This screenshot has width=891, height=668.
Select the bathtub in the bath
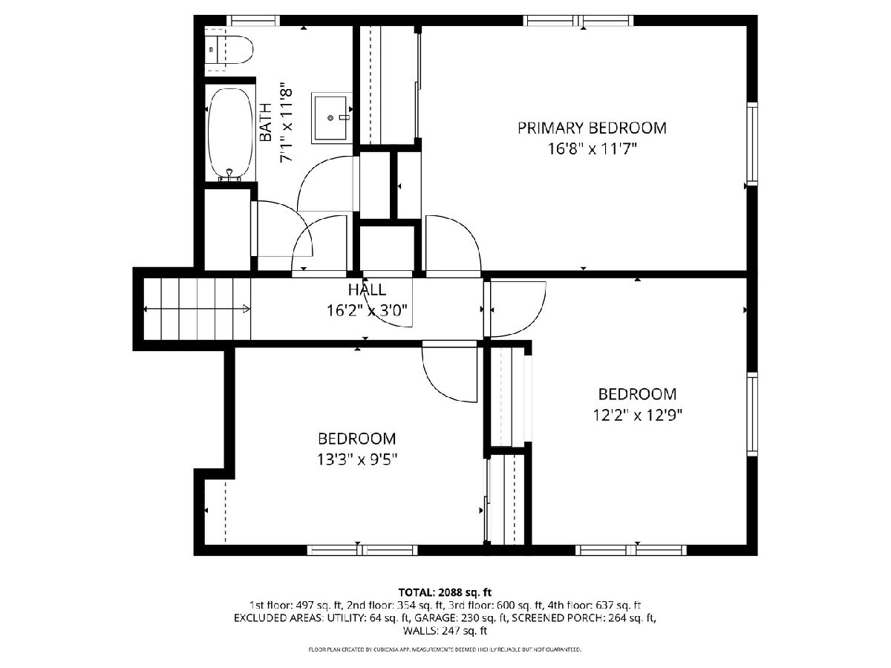click(x=229, y=134)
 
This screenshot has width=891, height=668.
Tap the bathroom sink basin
click(x=331, y=117)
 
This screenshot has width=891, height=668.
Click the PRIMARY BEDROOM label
click(x=592, y=128)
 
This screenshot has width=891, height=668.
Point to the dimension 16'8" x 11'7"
click(x=592, y=149)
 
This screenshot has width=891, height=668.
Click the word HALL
click(x=367, y=289)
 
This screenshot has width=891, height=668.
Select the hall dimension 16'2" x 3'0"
click(x=367, y=311)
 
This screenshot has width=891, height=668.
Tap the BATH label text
click(x=266, y=122)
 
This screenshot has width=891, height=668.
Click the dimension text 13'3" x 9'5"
click(x=357, y=459)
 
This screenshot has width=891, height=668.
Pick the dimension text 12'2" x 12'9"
click(x=637, y=415)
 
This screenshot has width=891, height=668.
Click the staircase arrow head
click(x=247, y=309)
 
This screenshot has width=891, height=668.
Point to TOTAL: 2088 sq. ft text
click(x=445, y=592)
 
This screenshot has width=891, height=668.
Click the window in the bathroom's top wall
click(x=253, y=21)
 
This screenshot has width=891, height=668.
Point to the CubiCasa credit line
click(x=445, y=649)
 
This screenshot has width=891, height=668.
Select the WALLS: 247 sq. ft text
click(x=445, y=631)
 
